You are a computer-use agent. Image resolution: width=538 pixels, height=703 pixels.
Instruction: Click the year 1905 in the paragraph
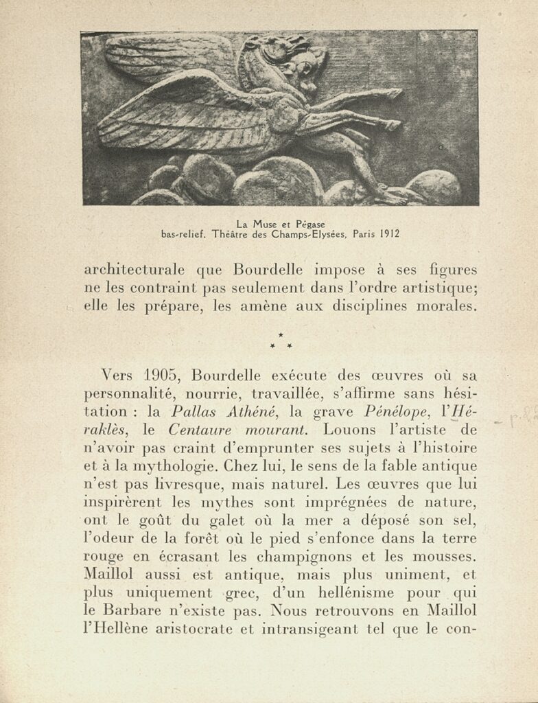click(x=163, y=377)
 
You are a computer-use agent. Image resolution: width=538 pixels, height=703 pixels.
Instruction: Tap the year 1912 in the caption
click(x=385, y=234)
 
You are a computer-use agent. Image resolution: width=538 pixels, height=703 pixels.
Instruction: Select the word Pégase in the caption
click(x=309, y=224)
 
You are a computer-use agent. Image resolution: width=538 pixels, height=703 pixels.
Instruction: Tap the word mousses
click(x=441, y=557)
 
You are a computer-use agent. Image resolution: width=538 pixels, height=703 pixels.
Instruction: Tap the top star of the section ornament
click(x=281, y=334)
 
